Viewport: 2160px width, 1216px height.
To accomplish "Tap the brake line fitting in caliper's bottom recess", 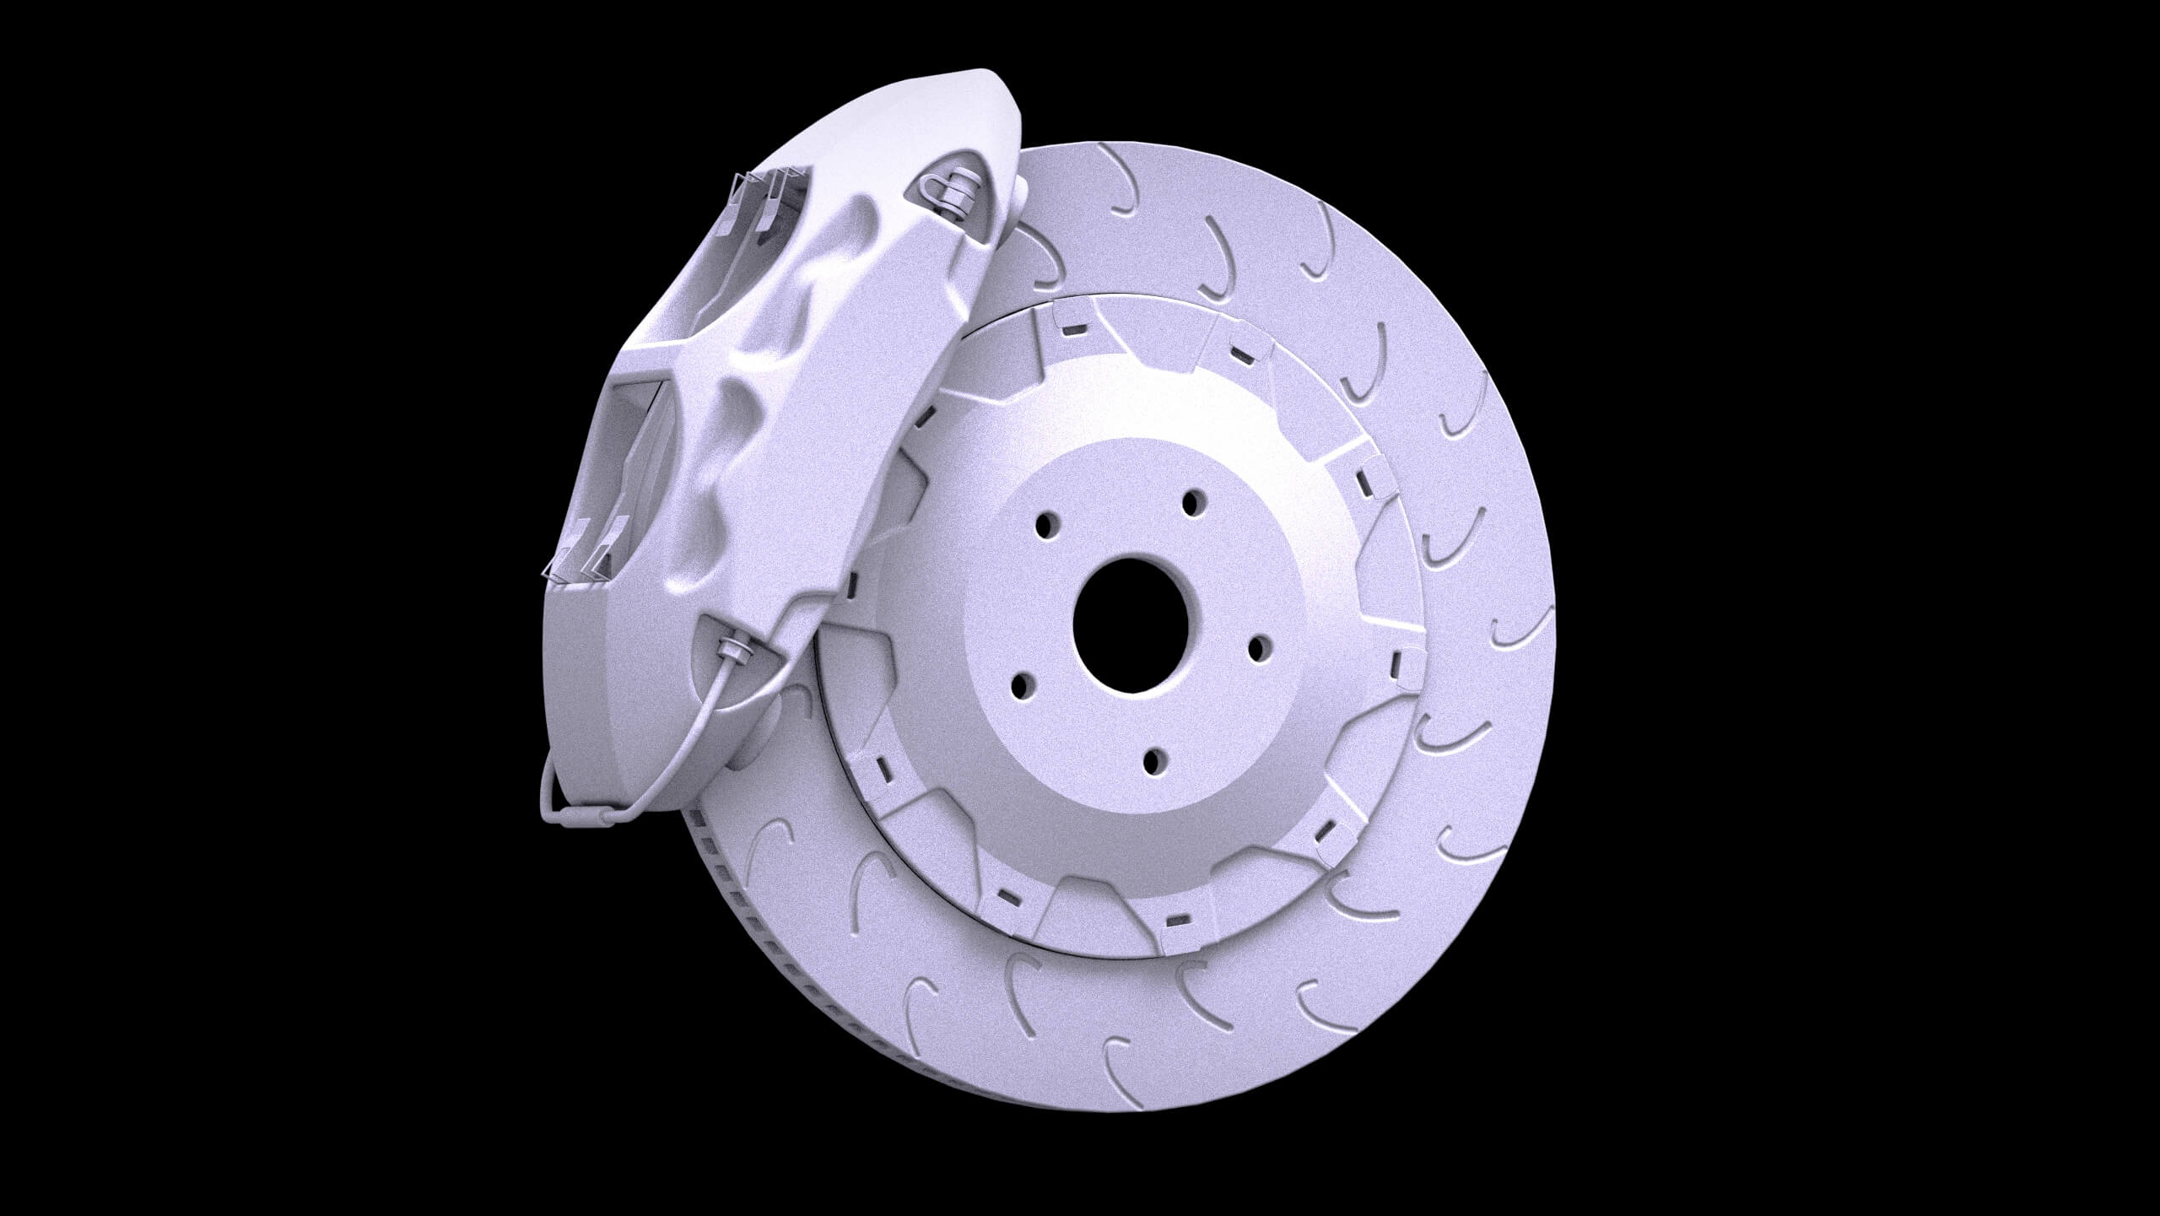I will click(x=732, y=650).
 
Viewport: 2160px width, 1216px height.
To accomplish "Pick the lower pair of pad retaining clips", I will click(x=582, y=553).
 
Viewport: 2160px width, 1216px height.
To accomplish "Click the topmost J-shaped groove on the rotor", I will click(x=1127, y=190).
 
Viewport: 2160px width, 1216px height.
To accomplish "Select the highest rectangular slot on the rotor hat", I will click(x=1073, y=326).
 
